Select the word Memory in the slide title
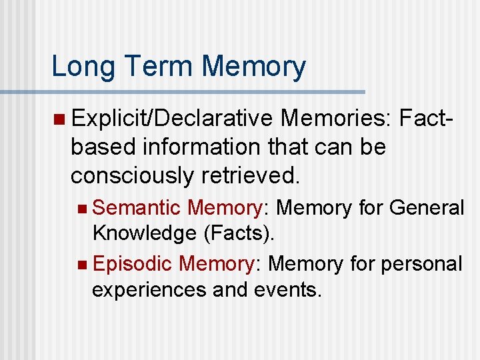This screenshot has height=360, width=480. (x=254, y=67)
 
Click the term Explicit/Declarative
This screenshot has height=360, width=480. (x=172, y=118)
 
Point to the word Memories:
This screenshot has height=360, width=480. (x=336, y=118)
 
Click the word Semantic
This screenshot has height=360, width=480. (x=137, y=208)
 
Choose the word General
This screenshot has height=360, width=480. (x=427, y=208)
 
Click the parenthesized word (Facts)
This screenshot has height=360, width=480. (x=237, y=233)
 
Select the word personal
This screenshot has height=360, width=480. (x=421, y=263)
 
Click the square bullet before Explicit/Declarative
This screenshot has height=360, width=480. (x=60, y=119)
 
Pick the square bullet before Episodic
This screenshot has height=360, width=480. (x=81, y=265)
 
